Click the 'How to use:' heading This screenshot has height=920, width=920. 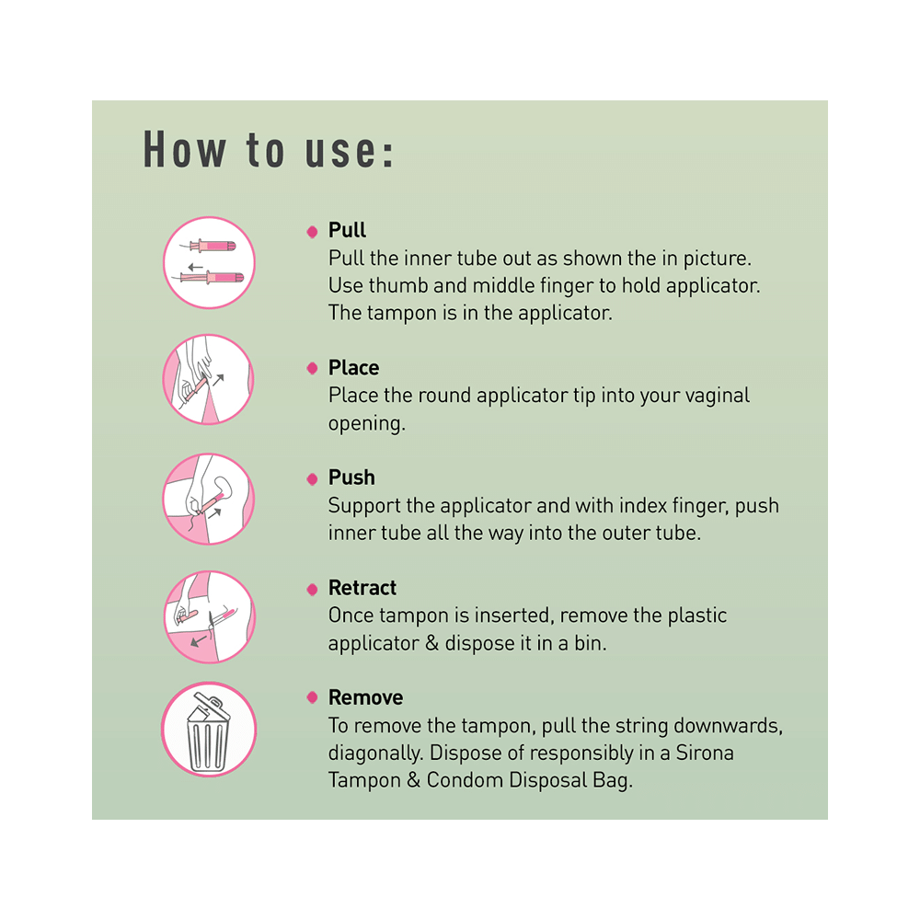click(x=269, y=150)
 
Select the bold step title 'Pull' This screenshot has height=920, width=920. click(x=347, y=230)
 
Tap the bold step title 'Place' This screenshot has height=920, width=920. click(x=353, y=368)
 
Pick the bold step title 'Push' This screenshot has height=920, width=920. click(x=351, y=477)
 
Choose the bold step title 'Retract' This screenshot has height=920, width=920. click(x=362, y=588)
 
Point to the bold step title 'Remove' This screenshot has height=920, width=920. click(x=365, y=697)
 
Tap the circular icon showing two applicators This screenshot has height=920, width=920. click(x=209, y=262)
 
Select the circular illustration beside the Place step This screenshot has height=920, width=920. click(x=209, y=379)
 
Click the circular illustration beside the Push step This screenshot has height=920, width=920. click(x=209, y=498)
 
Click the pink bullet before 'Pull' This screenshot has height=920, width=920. click(x=312, y=231)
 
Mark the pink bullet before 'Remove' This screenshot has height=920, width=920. click(x=312, y=698)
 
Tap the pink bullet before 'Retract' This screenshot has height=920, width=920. click(x=312, y=589)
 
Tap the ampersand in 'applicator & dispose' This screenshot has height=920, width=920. click(x=431, y=643)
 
